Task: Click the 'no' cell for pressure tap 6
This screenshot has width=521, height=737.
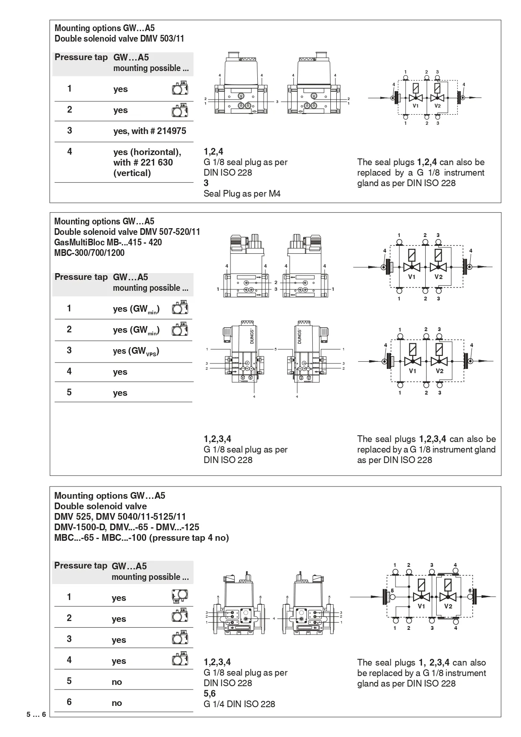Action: click(x=117, y=703)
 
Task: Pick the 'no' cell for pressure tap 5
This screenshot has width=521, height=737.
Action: click(x=117, y=682)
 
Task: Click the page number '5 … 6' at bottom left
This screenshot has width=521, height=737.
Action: click(x=36, y=714)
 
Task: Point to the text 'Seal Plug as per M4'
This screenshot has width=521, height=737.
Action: click(x=242, y=194)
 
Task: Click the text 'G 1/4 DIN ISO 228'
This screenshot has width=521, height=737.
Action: click(x=239, y=704)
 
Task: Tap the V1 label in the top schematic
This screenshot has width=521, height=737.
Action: click(x=415, y=106)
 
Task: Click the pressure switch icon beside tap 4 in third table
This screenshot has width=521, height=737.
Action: click(x=180, y=660)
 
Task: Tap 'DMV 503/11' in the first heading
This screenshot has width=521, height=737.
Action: click(x=162, y=39)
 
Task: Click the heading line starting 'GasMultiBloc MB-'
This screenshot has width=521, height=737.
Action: click(x=108, y=242)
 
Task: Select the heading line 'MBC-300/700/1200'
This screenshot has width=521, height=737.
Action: click(x=89, y=253)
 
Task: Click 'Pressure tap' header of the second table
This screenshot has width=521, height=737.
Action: click(x=81, y=277)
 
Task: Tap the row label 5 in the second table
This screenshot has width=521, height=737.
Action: click(x=69, y=392)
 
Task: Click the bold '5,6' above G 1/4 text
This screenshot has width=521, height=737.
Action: click(x=209, y=693)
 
